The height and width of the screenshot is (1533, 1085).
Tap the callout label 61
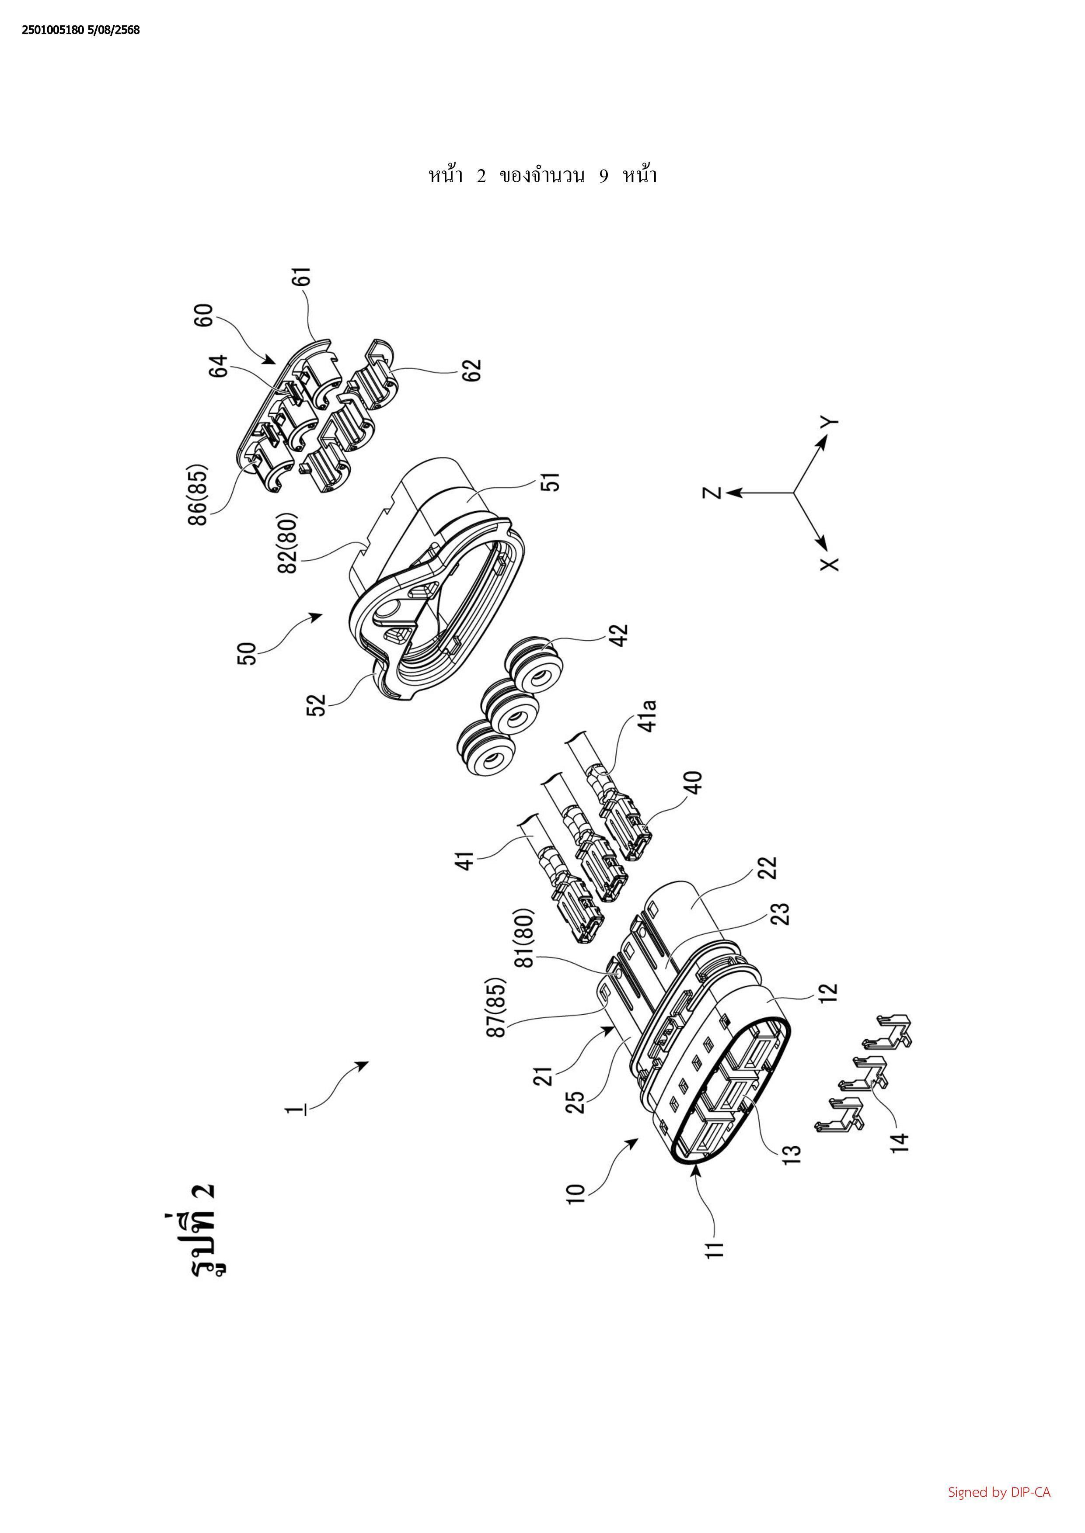click(x=305, y=277)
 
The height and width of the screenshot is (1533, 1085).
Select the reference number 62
click(x=472, y=369)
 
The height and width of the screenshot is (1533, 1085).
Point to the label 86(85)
click(x=199, y=495)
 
